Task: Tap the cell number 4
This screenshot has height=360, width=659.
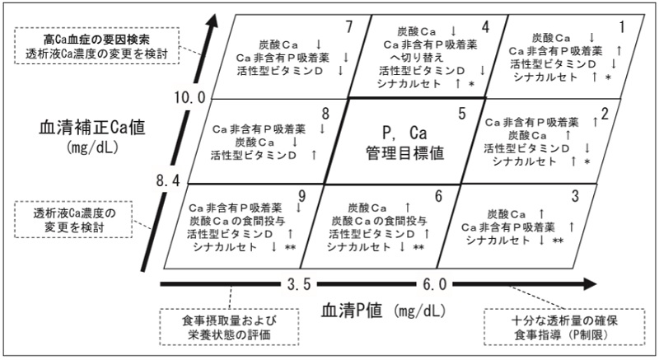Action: pyautogui.click(x=486, y=27)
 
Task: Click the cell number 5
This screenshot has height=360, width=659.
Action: pyautogui.click(x=462, y=114)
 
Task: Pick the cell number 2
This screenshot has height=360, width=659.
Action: pyautogui.click(x=604, y=113)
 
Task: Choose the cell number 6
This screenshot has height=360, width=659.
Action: pyautogui.click(x=439, y=196)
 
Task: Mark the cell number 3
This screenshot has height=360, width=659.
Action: pyautogui.click(x=576, y=196)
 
